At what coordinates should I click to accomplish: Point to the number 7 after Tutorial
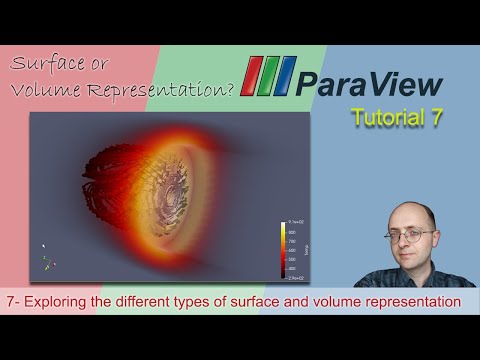(433, 118)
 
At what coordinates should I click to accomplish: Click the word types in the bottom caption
(215, 300)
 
